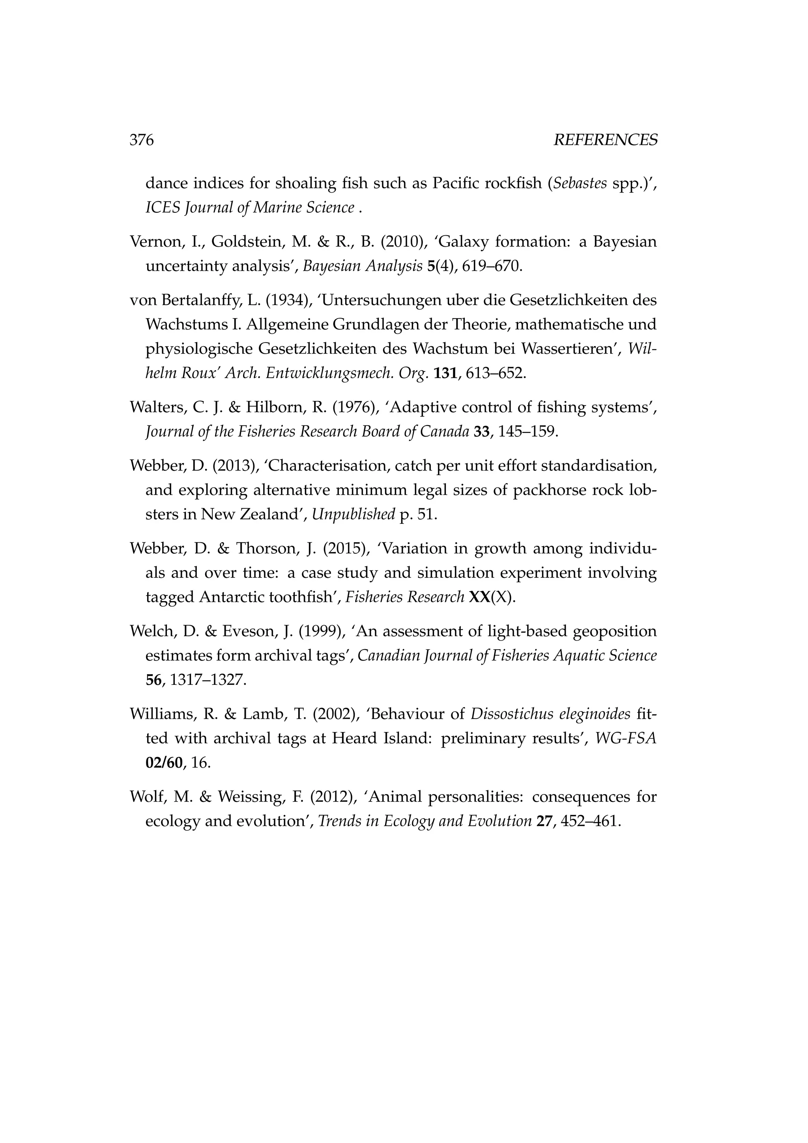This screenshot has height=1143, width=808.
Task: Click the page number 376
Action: (142, 141)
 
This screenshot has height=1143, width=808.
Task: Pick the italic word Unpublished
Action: (353, 514)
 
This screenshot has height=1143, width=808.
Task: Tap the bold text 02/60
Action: (164, 762)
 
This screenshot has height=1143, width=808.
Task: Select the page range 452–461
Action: (591, 821)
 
